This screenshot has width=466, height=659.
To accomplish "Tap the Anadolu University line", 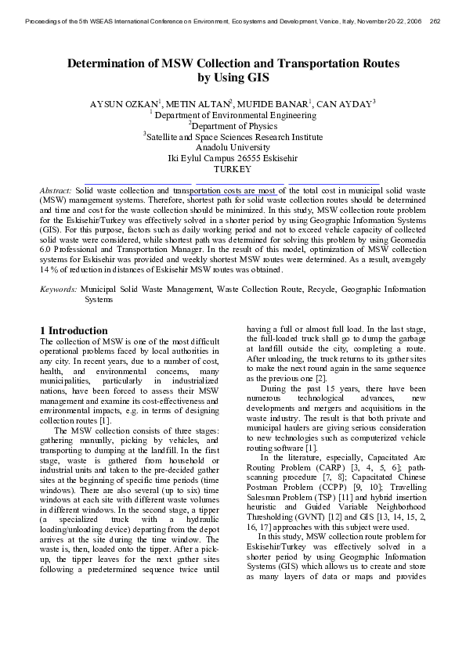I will point(233,147).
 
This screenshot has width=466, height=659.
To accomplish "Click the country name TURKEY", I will point(233,169).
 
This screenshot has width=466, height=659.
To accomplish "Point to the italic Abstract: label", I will point(56,190).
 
